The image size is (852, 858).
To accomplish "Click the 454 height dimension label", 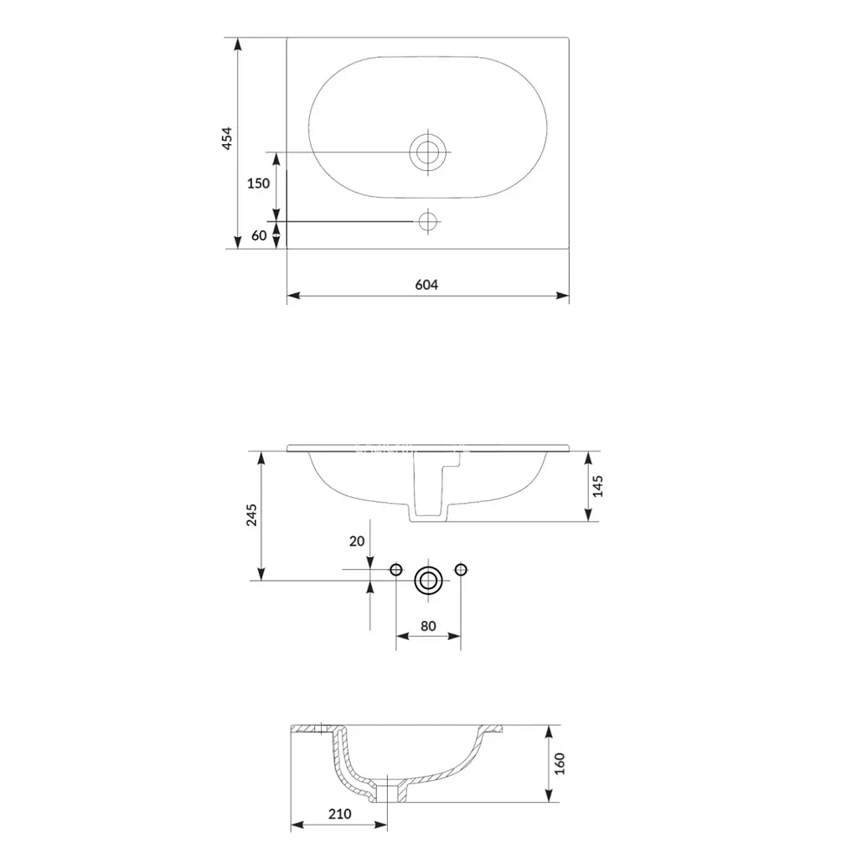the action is (226, 138).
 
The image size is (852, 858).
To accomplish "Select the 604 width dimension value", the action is (426, 285).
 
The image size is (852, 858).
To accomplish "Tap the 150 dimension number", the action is (258, 183).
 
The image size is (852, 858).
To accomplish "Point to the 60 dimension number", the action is (259, 235).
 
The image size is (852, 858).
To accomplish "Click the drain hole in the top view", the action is (428, 152).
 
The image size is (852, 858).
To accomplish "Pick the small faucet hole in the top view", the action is (428, 221).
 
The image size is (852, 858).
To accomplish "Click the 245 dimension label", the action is (251, 515).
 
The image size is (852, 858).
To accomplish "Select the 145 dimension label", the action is (597, 486).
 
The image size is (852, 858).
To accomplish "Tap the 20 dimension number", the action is (357, 541).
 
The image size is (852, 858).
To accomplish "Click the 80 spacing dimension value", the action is (428, 626).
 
